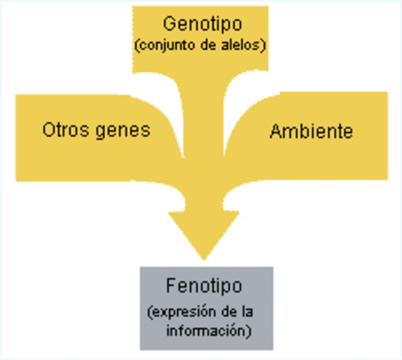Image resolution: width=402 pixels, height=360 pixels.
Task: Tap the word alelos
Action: [x=240, y=46]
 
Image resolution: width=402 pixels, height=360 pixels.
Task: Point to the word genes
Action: [x=121, y=130]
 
